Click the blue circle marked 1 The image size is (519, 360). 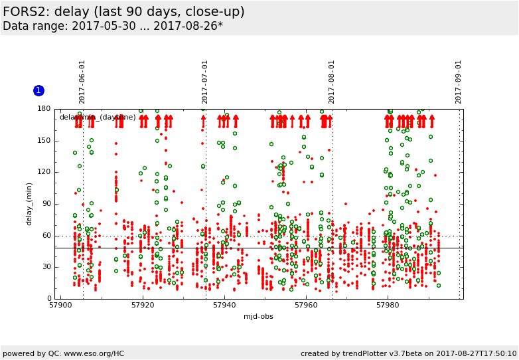point(38,90)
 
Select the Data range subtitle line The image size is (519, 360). point(113,27)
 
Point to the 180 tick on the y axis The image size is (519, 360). point(44,109)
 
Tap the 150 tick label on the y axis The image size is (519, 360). point(44,141)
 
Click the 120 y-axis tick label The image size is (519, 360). point(44,172)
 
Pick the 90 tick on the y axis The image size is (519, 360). point(46,204)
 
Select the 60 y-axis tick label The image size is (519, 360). point(46,235)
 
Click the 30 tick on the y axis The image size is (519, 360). point(46,267)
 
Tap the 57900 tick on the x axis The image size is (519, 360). point(60,306)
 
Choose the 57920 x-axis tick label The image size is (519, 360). point(143,306)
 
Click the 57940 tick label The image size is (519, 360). point(224,306)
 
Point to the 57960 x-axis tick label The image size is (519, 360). point(306,306)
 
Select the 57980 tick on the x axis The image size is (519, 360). point(388,306)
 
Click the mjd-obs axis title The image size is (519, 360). point(258,316)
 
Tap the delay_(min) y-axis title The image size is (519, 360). point(29,204)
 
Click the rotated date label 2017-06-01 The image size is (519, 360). point(82,82)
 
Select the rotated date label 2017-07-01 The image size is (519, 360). point(205,82)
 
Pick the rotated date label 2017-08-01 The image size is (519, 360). point(332,82)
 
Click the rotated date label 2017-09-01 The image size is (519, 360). point(458,82)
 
